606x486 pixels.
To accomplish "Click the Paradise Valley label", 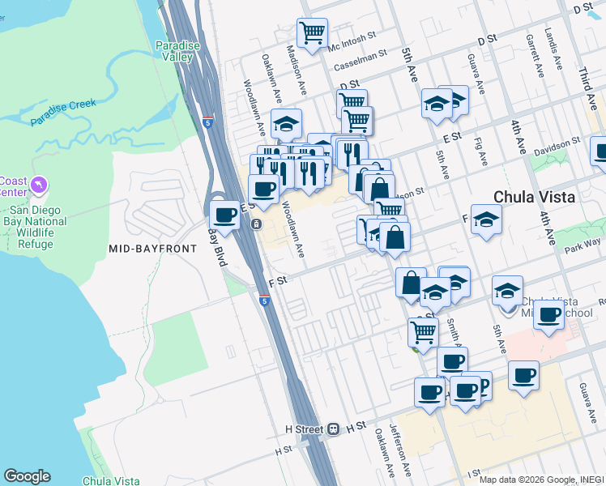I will click(177, 51).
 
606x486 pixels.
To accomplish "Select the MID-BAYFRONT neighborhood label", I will click(152, 248).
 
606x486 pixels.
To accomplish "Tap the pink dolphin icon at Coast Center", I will click(37, 187).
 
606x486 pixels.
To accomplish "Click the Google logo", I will click(27, 476).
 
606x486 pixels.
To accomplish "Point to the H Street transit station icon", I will click(333, 429).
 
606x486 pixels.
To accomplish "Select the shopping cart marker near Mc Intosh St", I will click(312, 33).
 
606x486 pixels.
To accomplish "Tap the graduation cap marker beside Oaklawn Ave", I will click(286, 124).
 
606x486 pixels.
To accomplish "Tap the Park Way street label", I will click(583, 241).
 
